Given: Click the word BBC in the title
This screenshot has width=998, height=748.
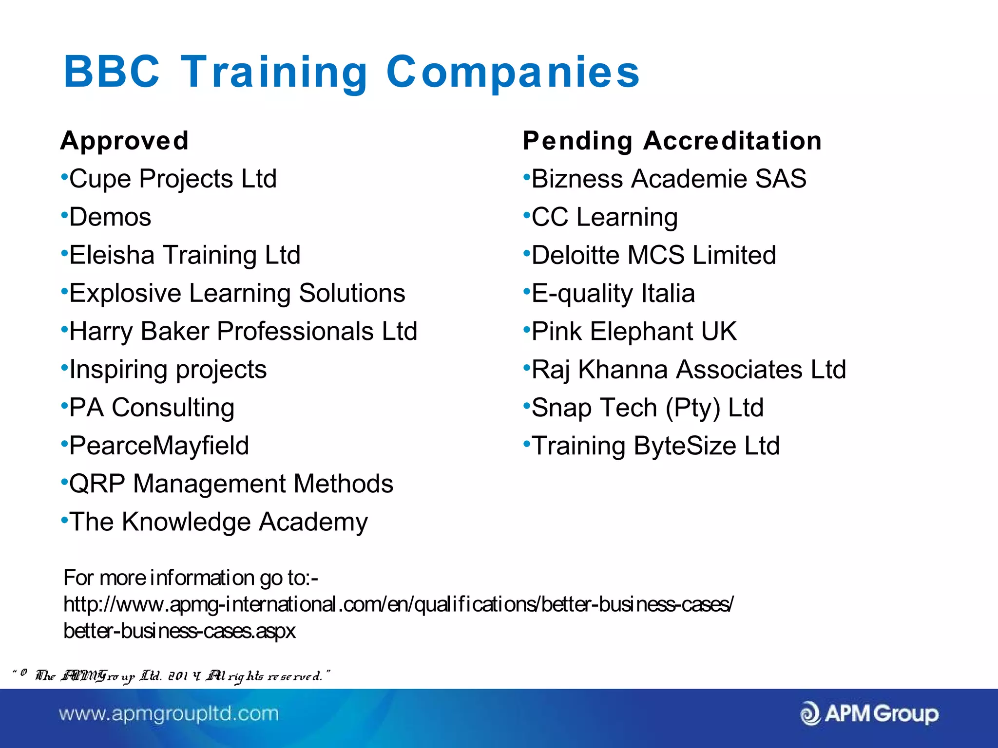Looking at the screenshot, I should coord(112,72).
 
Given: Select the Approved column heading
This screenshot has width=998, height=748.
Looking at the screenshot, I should coord(124,141).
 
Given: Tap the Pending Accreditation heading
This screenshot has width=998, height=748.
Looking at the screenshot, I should coord(672,141).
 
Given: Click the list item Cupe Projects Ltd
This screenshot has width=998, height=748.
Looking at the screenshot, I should coord(173,179).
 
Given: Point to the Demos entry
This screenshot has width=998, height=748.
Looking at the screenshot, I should coord(110,217).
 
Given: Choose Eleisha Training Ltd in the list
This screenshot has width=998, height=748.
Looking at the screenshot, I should coord(185,255).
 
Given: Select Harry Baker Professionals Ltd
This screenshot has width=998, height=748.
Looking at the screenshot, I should coord(243,332).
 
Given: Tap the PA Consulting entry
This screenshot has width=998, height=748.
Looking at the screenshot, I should coord(152,408).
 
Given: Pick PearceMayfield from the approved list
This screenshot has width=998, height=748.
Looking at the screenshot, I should coord(159,446).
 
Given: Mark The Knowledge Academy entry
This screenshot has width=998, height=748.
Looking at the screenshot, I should coord(218,522).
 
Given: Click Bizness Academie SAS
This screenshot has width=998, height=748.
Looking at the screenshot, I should coord(669,179).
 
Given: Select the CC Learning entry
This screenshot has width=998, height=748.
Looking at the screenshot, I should coord(604,217).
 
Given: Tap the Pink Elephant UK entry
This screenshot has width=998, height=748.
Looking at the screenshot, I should coord(634,332).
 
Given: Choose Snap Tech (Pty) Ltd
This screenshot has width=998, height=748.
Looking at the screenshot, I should coord(647,408).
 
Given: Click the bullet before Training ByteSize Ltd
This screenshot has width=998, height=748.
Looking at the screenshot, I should coord(526,443).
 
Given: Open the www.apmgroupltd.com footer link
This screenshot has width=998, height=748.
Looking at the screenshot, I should coord(169,714).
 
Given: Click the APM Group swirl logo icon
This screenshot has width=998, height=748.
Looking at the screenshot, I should coord(810,714).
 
